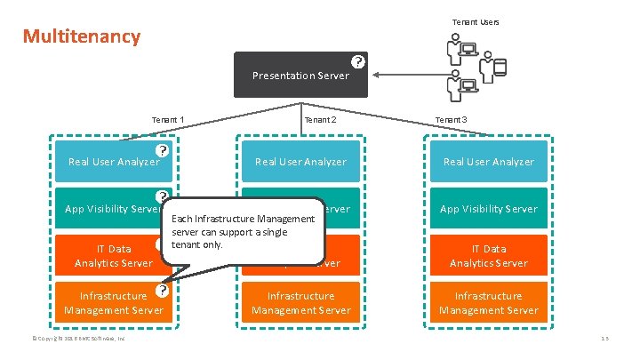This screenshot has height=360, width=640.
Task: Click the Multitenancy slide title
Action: (x=82, y=36)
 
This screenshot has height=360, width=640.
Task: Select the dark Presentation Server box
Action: (x=300, y=76)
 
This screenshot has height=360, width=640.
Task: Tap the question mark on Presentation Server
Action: (x=357, y=62)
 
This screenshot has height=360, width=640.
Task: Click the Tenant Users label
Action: (x=476, y=21)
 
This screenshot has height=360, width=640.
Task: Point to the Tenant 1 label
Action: (x=168, y=119)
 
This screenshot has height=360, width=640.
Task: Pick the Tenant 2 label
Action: (x=320, y=119)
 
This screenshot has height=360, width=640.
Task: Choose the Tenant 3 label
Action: (x=451, y=119)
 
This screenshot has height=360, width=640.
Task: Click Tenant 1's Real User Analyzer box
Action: (x=114, y=162)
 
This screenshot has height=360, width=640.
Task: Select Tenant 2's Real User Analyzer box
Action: (x=300, y=162)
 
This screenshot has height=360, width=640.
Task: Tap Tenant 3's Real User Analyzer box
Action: (x=489, y=162)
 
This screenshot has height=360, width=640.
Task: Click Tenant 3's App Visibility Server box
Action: (x=489, y=209)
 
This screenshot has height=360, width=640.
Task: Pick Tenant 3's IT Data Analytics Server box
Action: (x=489, y=256)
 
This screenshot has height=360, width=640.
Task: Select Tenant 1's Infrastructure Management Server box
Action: (x=114, y=303)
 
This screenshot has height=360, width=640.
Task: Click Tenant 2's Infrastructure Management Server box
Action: (x=300, y=303)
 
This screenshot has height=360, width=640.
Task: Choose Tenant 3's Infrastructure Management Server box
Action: (x=489, y=303)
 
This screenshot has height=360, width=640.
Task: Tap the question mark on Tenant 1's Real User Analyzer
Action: (x=163, y=150)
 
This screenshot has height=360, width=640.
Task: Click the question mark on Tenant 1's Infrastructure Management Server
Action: (x=163, y=290)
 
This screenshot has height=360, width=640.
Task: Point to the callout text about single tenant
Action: (x=243, y=231)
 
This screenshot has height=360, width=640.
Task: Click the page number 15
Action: (x=604, y=339)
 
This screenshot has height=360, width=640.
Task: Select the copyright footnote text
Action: (x=79, y=339)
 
